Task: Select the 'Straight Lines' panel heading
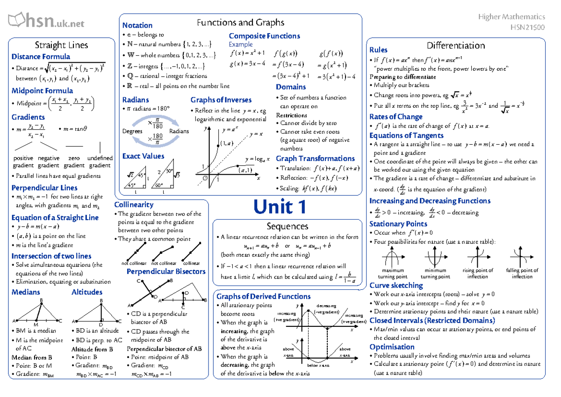pyautogui.click(x=62, y=45)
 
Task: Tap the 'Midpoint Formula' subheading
pyautogui.click(x=42, y=90)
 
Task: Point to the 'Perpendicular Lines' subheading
pyautogui.click(x=44, y=188)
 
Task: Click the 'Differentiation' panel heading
pyautogui.click(x=456, y=45)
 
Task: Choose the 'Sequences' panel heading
pyautogui.click(x=287, y=227)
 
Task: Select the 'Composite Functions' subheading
pyautogui.click(x=264, y=36)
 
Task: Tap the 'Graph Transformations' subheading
pyautogui.click(x=315, y=158)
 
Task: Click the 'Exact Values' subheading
pyautogui.click(x=143, y=156)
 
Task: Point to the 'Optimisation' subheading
pyautogui.click(x=392, y=347)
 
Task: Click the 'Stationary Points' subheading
pyautogui.click(x=398, y=224)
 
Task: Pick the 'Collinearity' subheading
pyautogui.click(x=134, y=205)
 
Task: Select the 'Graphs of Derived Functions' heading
pyautogui.click(x=263, y=296)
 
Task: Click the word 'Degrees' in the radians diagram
pyautogui.click(x=132, y=131)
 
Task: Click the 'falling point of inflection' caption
pyautogui.click(x=522, y=273)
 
